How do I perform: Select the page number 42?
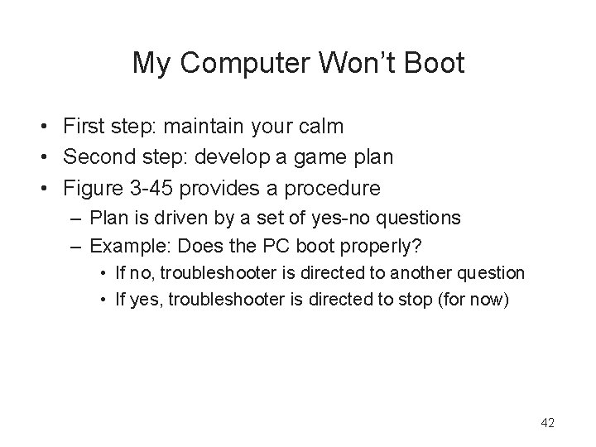(x=547, y=423)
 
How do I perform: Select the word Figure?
(x=94, y=188)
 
